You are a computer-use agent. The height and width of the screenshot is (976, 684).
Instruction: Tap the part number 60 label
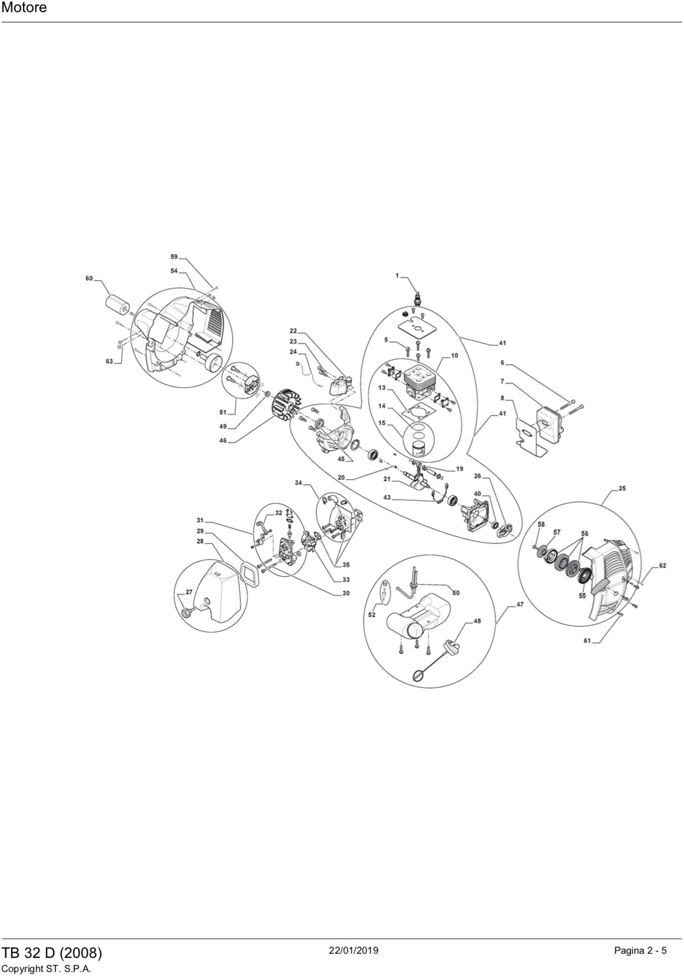tap(89, 279)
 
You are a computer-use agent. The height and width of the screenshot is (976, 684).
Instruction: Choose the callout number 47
tap(520, 604)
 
